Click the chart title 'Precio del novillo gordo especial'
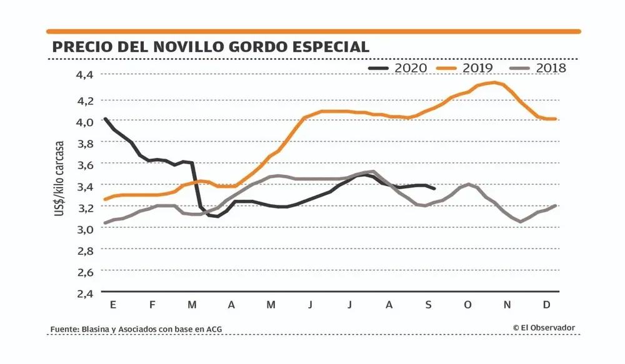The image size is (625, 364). [x=211, y=47]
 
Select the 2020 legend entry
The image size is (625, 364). [x=399, y=67]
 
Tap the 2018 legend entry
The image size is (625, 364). [x=539, y=67]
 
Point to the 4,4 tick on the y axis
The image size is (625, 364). [x=84, y=75]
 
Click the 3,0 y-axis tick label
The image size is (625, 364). [x=84, y=229]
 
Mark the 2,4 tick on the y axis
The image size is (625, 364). [x=84, y=293]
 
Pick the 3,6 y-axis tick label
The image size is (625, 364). [x=84, y=164]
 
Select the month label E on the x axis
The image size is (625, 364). [x=112, y=305]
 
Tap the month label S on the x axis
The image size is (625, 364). [x=428, y=305]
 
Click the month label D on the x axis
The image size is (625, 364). [x=546, y=305]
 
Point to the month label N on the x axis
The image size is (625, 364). [x=507, y=305]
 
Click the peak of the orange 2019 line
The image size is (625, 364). [x=494, y=82]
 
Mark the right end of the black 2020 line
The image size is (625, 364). [x=434, y=189]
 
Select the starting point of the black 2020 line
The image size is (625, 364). [x=105, y=119]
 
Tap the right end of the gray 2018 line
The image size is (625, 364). [x=555, y=205]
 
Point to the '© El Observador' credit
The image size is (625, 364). [x=544, y=328]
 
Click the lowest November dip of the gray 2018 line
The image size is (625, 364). [x=520, y=222]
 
